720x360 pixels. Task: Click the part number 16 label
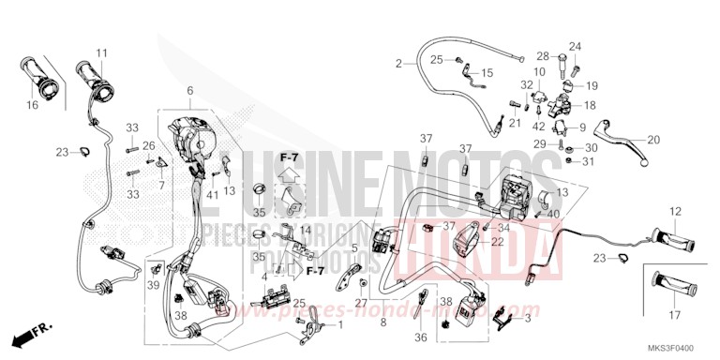pos(32,106)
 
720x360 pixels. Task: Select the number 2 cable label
pos(398,64)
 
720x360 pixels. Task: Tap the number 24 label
pos(575,47)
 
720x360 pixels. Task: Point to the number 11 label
pos(101,52)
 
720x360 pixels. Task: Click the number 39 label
pos(153,284)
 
